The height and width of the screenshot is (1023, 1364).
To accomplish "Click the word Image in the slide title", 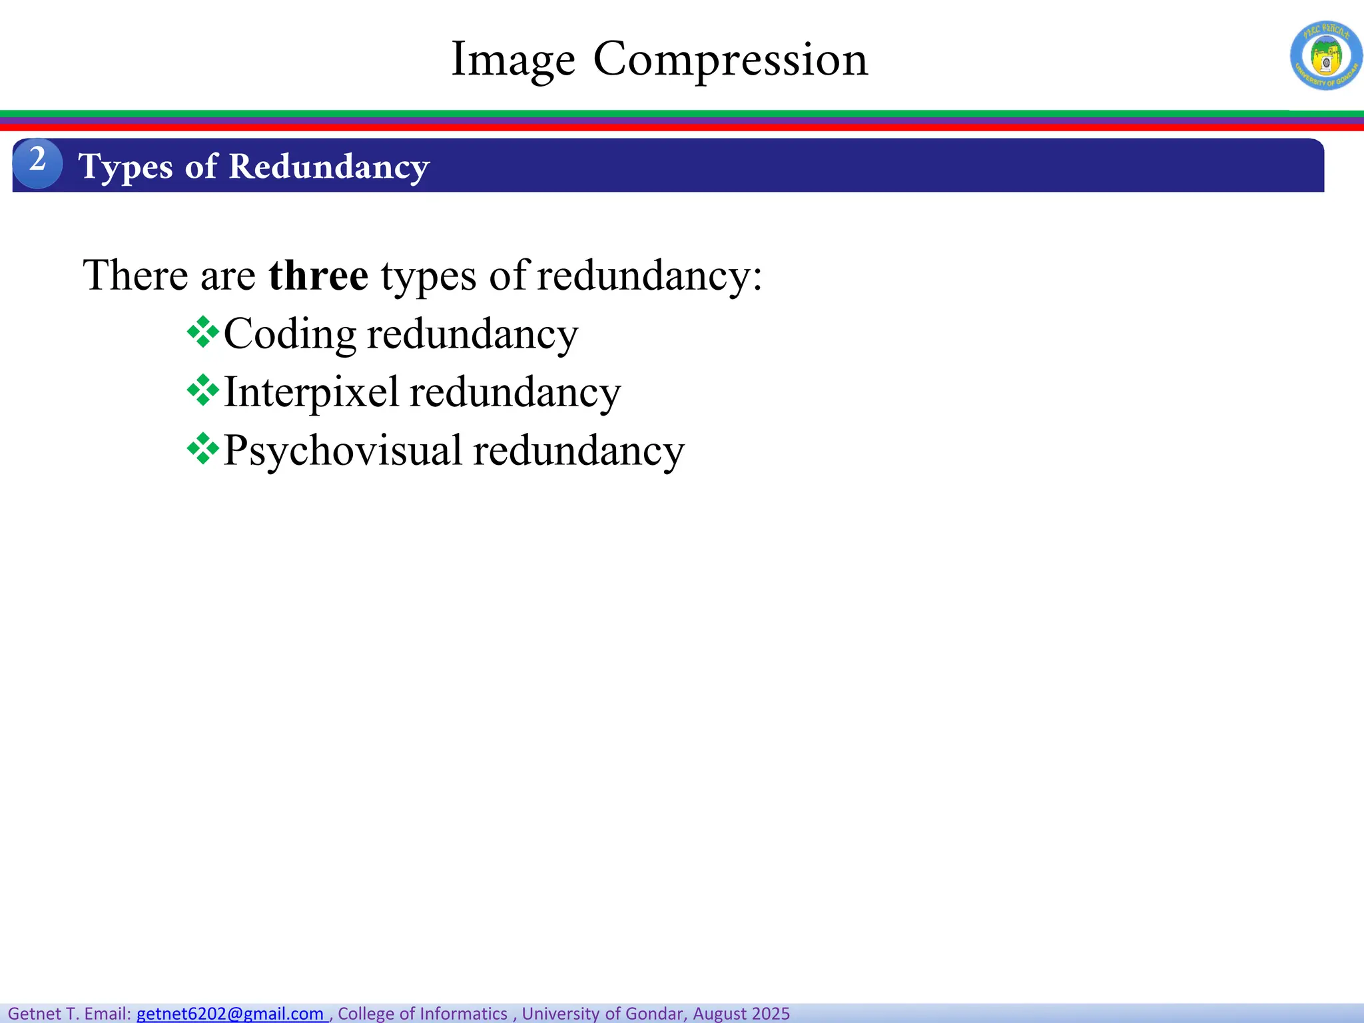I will (x=513, y=60).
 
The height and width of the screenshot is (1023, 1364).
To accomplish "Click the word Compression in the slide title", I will (x=731, y=60).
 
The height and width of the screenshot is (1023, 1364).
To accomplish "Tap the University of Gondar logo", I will (x=1325, y=56).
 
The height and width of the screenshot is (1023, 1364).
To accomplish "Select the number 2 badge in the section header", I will (x=38, y=163).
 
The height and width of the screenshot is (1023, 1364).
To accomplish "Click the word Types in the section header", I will (x=126, y=167).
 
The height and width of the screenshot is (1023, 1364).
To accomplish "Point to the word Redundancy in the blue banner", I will (x=329, y=167).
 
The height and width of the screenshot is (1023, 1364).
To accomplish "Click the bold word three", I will (x=318, y=275).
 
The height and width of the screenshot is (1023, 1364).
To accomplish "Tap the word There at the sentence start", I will (x=136, y=275).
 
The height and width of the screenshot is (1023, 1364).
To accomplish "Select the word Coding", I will (x=290, y=334).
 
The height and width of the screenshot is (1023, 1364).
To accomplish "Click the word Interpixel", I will (x=311, y=392).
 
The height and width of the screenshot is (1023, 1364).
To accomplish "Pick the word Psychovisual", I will (x=342, y=451).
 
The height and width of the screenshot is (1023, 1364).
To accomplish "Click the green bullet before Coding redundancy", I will (x=202, y=333).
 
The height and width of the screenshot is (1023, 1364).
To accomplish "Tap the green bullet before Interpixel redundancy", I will (x=202, y=391).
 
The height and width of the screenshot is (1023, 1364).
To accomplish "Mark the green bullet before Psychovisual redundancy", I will (x=202, y=450).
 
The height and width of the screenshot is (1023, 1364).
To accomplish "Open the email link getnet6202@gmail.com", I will (x=230, y=1014).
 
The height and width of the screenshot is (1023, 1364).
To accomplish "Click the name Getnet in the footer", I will (x=35, y=1014).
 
